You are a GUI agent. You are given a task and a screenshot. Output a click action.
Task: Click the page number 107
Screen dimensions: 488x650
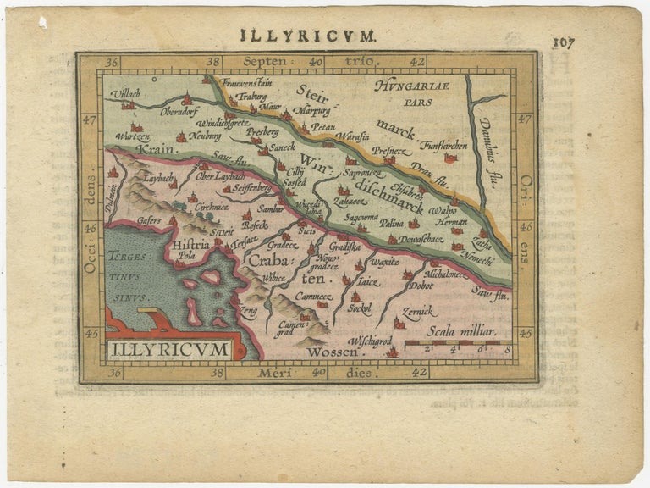(563, 42)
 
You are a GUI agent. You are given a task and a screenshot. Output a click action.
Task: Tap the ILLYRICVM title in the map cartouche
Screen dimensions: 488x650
(168, 348)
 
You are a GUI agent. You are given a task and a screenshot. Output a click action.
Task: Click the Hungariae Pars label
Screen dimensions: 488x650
(418, 92)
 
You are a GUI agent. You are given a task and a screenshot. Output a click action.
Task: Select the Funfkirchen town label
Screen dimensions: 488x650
(443, 144)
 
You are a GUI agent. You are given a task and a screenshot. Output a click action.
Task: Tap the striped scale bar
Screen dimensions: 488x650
(458, 345)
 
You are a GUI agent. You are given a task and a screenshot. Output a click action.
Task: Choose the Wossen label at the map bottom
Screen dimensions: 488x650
(328, 352)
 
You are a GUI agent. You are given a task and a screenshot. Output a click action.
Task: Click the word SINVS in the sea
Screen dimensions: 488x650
(133, 297)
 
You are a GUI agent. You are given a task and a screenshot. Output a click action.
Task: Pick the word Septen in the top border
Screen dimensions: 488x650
(264, 62)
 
